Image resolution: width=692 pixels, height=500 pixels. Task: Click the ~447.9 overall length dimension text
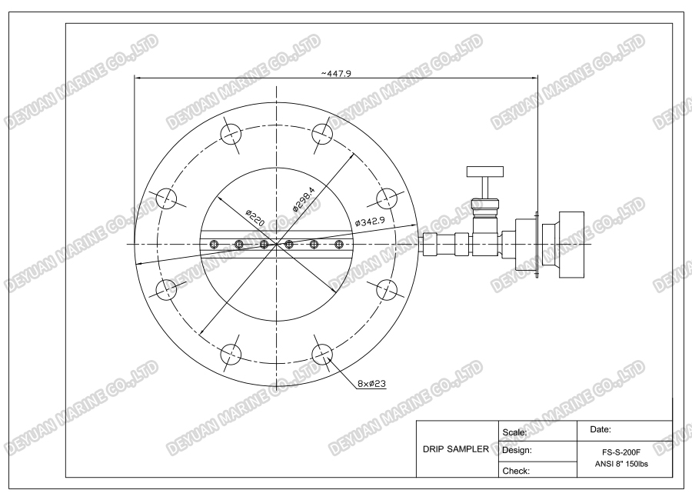(337, 72)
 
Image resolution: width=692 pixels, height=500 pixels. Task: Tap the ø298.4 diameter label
(304, 199)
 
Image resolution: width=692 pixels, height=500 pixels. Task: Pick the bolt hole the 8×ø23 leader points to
(323, 354)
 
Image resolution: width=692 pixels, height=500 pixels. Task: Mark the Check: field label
(517, 468)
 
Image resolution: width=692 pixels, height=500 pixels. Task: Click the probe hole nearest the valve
(338, 245)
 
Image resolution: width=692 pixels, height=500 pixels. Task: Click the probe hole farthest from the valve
(215, 245)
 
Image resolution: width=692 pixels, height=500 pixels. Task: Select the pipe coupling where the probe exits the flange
(431, 245)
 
